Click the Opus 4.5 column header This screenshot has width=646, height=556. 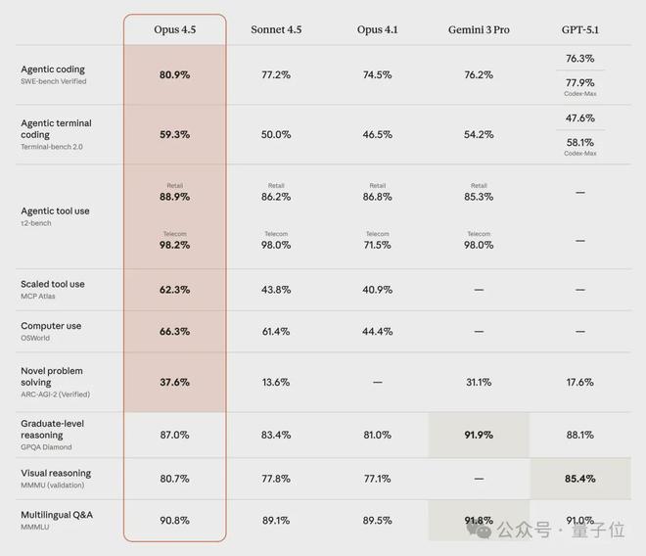(174, 29)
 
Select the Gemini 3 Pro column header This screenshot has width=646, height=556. (479, 29)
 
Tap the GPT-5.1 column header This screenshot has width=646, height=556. (580, 29)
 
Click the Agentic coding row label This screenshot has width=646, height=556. (53, 69)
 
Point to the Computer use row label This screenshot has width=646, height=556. (51, 326)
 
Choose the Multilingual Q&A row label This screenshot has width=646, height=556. (58, 514)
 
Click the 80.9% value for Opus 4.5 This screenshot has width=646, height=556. (174, 74)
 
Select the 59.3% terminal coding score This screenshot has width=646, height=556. (174, 134)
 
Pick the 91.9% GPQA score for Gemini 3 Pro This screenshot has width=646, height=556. (479, 435)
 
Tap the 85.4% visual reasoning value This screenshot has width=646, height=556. (580, 479)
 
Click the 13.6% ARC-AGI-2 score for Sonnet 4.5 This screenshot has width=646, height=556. (276, 382)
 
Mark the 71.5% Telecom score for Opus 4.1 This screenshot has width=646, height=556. (377, 245)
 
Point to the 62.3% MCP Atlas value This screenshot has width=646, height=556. (174, 290)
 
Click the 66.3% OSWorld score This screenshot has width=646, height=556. (174, 332)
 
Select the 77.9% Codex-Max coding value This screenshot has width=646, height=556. (580, 82)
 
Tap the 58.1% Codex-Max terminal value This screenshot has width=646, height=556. (580, 142)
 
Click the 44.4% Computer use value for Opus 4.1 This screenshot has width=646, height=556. (377, 332)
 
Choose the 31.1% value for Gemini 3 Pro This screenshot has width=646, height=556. (479, 382)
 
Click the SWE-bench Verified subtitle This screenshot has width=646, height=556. (54, 81)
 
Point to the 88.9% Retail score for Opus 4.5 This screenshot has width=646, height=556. (174, 197)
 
